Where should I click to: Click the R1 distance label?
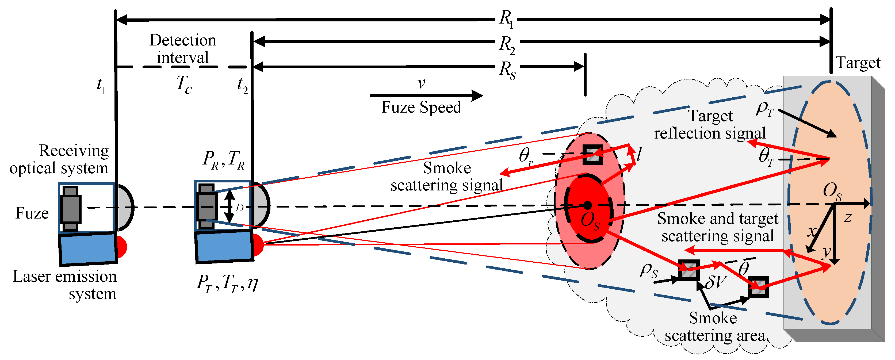(506, 19)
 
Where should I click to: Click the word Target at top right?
(858, 63)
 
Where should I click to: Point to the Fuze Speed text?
(421, 107)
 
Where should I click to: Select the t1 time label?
(101, 85)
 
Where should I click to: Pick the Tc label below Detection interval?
(184, 85)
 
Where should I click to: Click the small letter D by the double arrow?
(239, 208)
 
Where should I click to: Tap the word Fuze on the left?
(32, 213)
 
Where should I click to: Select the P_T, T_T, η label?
(227, 283)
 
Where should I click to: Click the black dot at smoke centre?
(587, 205)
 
